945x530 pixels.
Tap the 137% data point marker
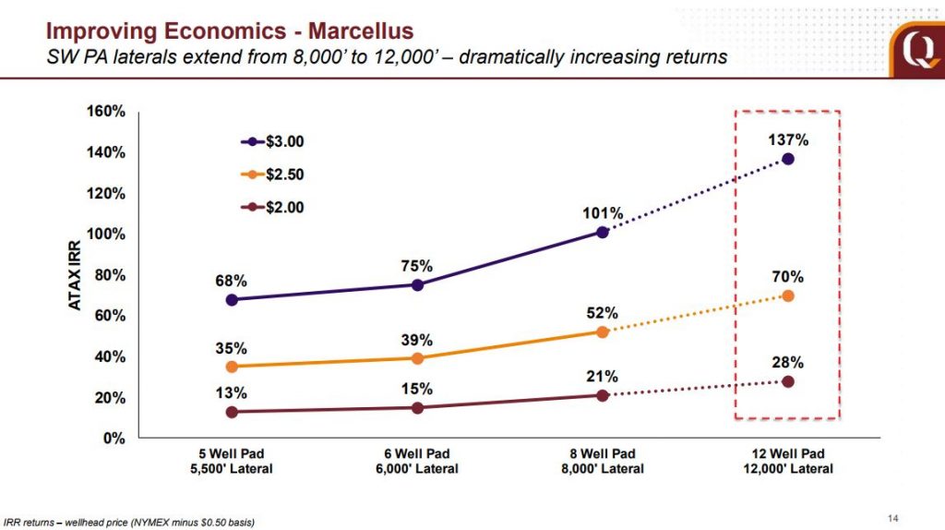pyautogui.click(x=788, y=159)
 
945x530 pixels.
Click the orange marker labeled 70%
pyautogui.click(x=788, y=295)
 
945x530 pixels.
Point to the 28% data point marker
pyautogui.click(x=788, y=381)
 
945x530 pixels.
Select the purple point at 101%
pyautogui.click(x=603, y=232)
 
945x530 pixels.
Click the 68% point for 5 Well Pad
pyautogui.click(x=232, y=300)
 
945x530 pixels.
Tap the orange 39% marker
pyautogui.click(x=417, y=358)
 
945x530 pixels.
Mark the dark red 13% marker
pyautogui.click(x=232, y=412)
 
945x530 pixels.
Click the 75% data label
pyautogui.click(x=417, y=265)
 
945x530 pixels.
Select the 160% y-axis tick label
pyautogui.click(x=106, y=112)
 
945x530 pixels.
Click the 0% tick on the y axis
pyautogui.click(x=114, y=439)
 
